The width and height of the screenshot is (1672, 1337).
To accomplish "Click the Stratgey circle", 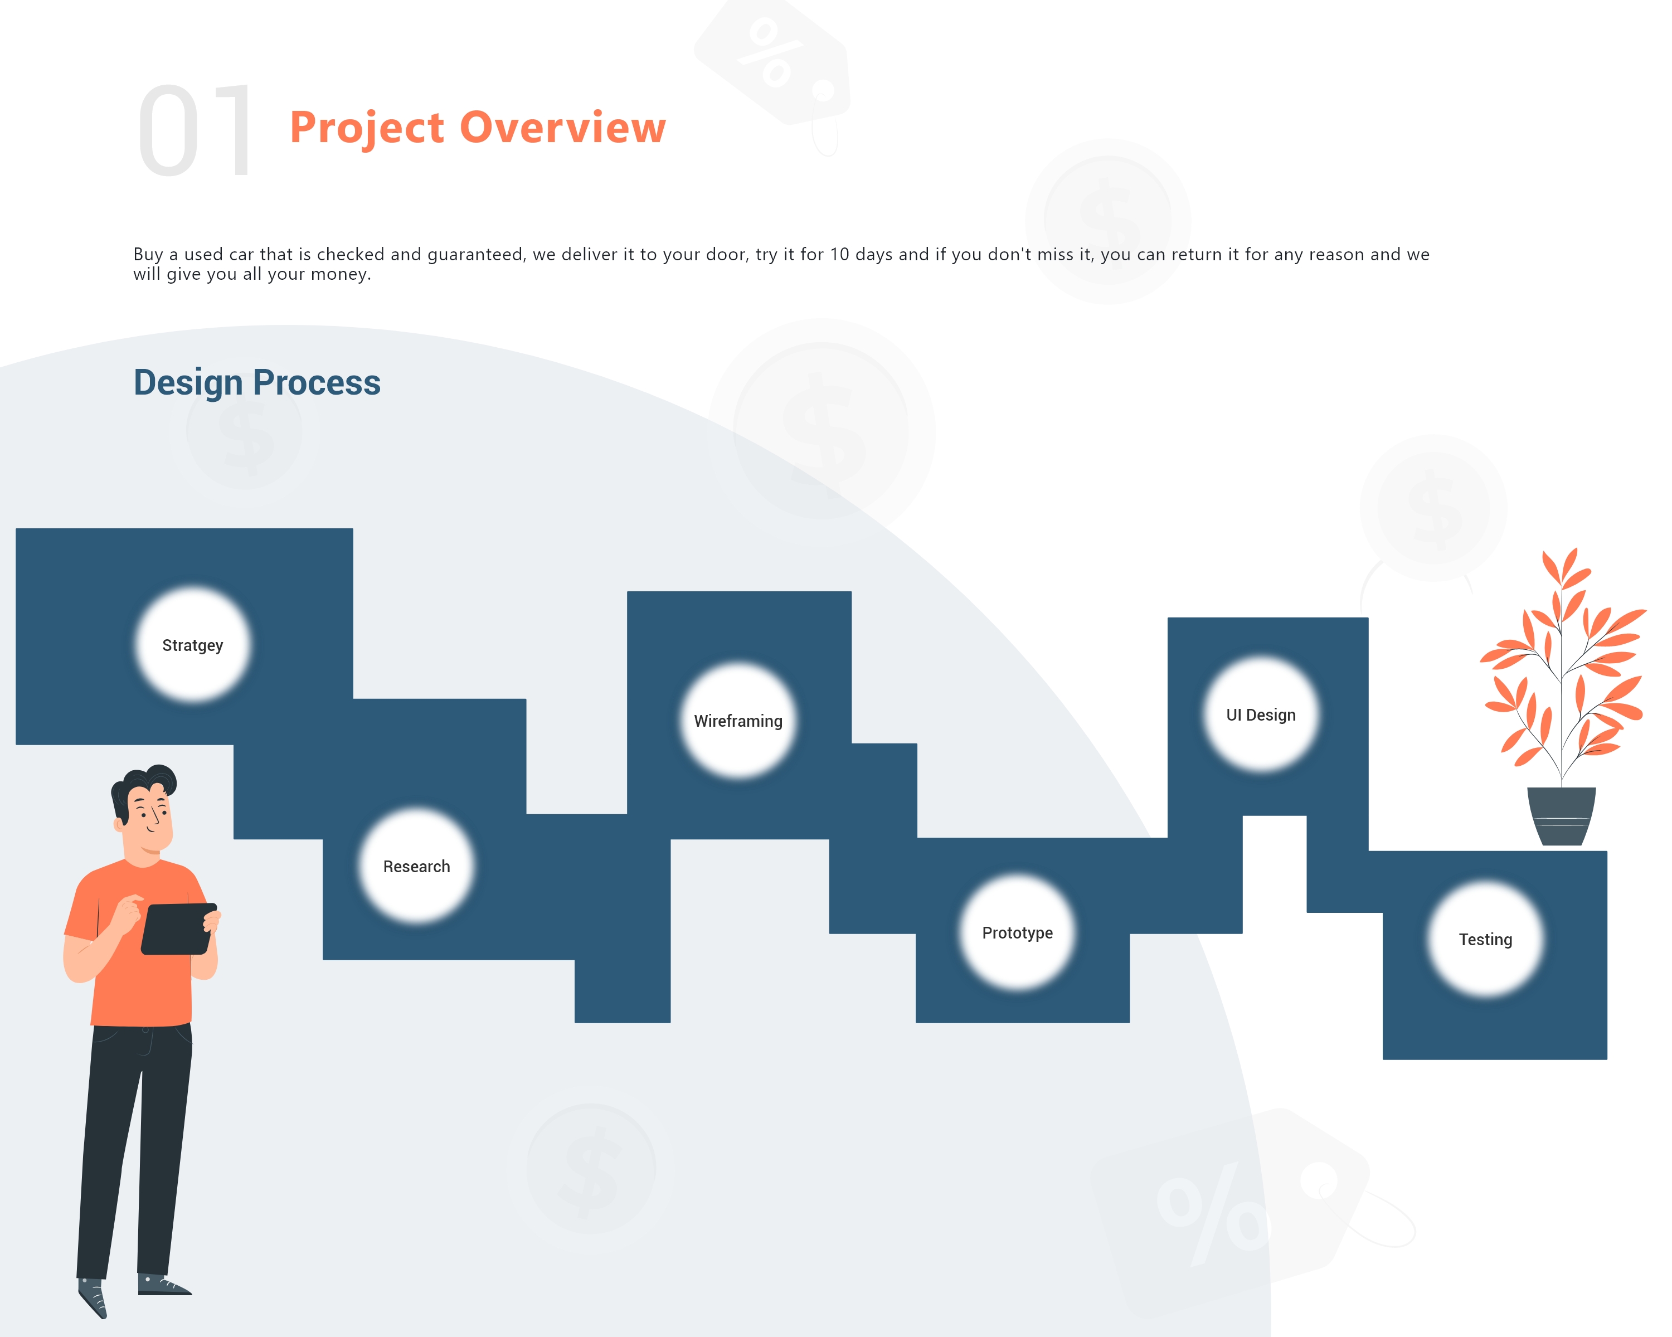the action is [x=192, y=644].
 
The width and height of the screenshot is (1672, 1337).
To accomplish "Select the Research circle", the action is [x=416, y=866].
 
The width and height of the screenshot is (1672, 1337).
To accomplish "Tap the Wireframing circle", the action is [x=738, y=721].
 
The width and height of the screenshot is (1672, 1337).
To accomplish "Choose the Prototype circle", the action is [x=1018, y=932].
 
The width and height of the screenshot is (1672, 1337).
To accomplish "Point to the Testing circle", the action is [x=1486, y=939].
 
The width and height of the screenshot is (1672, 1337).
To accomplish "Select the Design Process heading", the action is [x=257, y=383].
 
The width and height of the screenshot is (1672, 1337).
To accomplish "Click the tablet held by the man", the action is [x=179, y=928].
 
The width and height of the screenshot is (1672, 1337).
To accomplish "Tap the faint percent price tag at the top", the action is [x=772, y=62].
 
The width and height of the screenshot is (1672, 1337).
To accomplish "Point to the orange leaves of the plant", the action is [x=1563, y=659].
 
